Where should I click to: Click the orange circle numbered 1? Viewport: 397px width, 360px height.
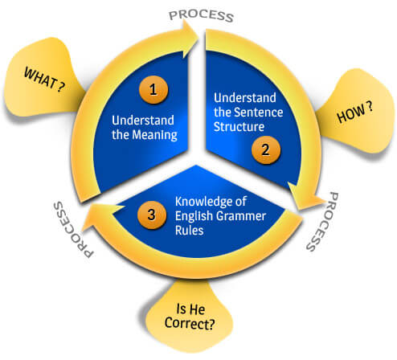[x=153, y=90]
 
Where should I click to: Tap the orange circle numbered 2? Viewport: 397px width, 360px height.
[x=266, y=149]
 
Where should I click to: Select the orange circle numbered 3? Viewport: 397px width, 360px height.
[x=152, y=215]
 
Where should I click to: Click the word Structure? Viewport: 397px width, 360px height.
[x=239, y=127]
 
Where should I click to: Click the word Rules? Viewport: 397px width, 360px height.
[x=190, y=230]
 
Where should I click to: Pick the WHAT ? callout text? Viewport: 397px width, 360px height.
[x=44, y=80]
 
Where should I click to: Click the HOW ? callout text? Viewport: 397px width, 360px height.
[x=354, y=112]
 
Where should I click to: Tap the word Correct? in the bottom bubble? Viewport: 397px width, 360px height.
[x=190, y=323]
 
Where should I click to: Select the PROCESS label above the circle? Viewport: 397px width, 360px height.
[x=202, y=16]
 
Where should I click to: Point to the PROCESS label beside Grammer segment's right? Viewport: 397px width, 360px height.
[x=323, y=222]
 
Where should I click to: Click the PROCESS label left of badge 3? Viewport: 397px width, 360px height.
[x=73, y=230]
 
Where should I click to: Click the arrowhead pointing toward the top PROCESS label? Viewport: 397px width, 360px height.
[x=190, y=39]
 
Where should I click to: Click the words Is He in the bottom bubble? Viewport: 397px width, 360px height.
[x=190, y=309]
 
